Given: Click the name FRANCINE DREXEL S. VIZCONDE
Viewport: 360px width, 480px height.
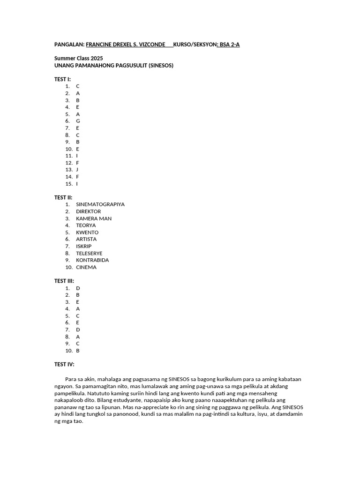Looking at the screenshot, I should click(125, 45).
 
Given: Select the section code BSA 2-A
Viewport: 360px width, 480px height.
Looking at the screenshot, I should click(230, 45).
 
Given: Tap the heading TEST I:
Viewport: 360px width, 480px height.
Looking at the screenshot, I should click(62, 79).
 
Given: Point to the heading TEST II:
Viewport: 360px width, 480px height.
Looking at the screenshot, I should click(63, 197).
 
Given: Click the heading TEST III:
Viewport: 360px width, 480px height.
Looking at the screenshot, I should click(64, 281).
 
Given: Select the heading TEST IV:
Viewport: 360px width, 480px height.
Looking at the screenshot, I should click(64, 364).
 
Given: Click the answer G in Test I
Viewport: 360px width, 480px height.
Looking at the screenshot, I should click(78, 121).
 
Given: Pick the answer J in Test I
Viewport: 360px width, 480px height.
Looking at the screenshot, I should click(77, 170).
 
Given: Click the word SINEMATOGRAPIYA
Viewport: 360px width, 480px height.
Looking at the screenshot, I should click(100, 204).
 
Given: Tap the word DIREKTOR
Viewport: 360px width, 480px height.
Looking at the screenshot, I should click(88, 211).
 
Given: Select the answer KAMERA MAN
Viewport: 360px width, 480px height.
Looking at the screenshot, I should click(94, 218).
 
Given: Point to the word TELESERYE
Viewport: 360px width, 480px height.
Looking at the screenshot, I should click(89, 253).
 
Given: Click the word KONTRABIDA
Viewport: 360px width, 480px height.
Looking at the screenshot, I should click(92, 260).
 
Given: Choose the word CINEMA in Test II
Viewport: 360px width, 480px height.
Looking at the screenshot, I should click(86, 267).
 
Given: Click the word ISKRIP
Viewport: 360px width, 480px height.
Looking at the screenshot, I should click(84, 246).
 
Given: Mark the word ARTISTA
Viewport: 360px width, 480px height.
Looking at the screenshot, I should click(86, 239).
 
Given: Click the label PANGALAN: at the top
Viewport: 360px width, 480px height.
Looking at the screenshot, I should click(69, 45).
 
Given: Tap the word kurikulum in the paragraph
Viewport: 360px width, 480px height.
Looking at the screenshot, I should click(240, 379).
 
